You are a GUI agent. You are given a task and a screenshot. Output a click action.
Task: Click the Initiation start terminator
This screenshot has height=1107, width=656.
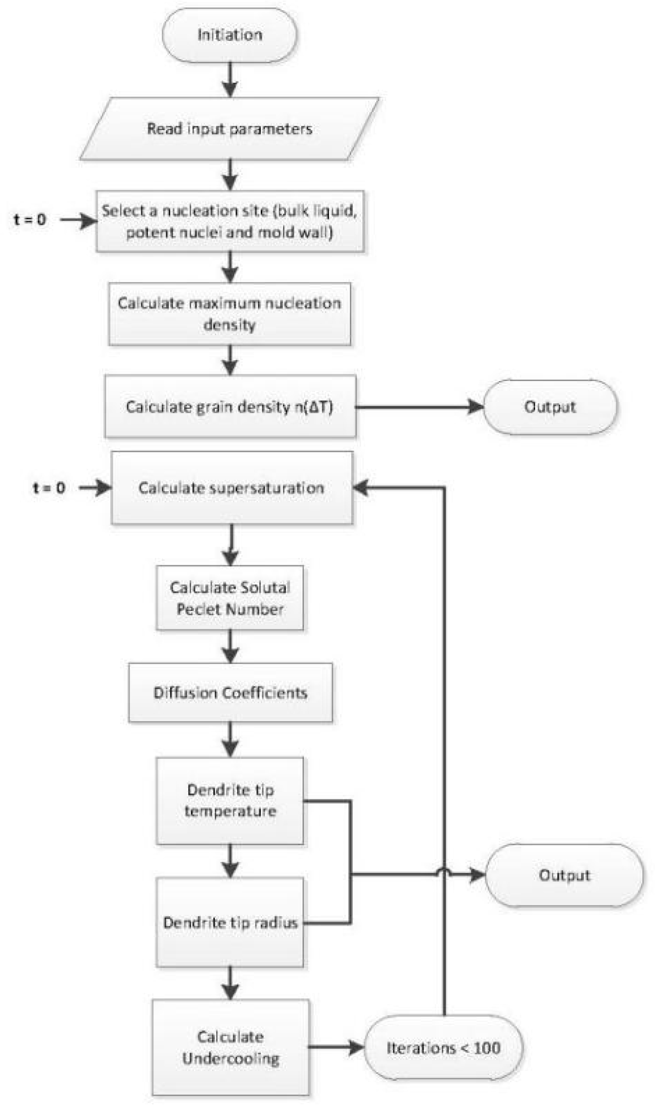click(229, 35)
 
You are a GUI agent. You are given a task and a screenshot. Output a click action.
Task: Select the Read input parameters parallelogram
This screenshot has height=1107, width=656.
click(229, 129)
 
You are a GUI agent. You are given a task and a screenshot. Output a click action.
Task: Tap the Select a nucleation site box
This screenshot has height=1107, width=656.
click(230, 221)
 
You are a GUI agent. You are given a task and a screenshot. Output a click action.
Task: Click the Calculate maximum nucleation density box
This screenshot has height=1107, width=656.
click(230, 314)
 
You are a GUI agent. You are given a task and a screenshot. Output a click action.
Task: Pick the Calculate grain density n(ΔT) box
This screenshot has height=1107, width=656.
click(230, 406)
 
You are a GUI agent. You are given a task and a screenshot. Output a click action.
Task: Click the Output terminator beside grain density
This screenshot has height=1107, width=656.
click(550, 406)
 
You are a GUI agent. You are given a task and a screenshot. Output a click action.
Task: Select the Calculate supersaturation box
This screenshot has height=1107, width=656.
click(232, 488)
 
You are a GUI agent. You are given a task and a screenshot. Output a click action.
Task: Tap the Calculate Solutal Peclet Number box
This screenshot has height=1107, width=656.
click(230, 598)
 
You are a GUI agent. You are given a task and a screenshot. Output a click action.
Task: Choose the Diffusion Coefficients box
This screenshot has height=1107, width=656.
click(230, 693)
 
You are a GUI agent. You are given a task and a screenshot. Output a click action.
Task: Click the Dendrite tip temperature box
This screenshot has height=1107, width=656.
click(230, 800)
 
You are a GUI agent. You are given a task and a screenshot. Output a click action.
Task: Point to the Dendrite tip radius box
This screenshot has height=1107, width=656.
click(230, 922)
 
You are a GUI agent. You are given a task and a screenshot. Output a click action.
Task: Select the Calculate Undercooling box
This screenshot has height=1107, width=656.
click(230, 1047)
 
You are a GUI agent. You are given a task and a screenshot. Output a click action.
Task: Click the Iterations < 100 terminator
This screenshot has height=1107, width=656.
click(443, 1047)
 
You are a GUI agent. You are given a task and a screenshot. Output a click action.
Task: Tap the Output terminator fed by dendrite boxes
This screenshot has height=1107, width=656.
click(564, 875)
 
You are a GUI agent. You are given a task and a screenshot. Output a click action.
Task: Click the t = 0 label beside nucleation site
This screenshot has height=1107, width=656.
click(30, 220)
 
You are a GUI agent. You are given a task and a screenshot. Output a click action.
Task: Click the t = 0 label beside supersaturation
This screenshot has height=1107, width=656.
click(49, 488)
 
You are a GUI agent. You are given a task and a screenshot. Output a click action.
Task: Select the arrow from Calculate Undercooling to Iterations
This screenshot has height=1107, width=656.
click(336, 1047)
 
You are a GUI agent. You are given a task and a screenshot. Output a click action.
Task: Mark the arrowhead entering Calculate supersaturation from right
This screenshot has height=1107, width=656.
click(361, 488)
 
